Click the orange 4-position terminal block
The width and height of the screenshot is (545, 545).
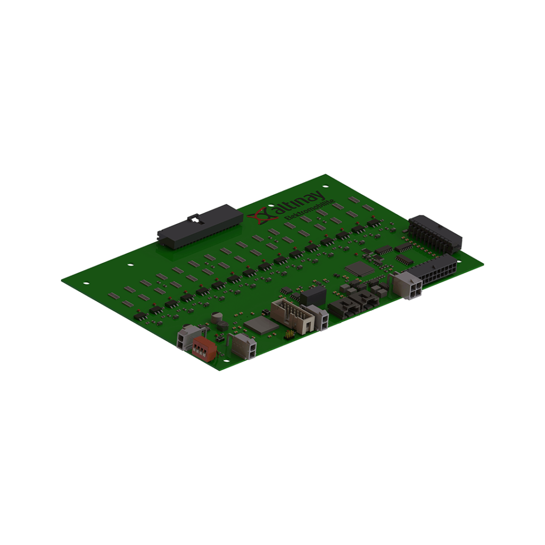pos(204,349)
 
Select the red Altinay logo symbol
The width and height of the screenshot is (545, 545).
pos(261,216)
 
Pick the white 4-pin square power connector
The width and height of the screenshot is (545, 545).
pos(407,284)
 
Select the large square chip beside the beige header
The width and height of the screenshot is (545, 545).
pos(261,325)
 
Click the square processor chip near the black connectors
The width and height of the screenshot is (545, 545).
pos(359,269)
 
